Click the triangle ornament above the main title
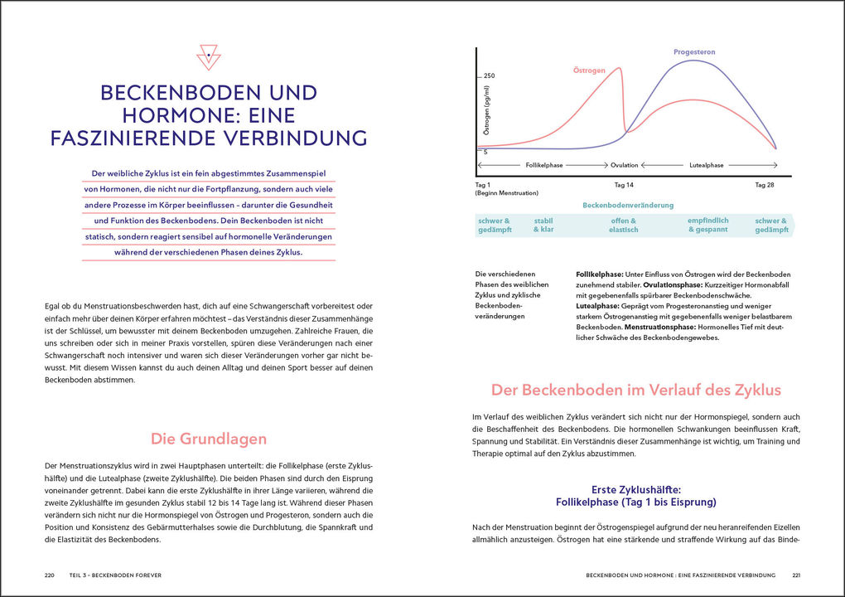[x=209, y=56]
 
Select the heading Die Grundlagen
[x=208, y=439]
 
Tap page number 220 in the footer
[x=51, y=574]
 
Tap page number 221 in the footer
[x=796, y=574]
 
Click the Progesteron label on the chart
[x=694, y=52]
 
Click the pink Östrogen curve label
[x=590, y=71]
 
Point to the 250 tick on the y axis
[x=489, y=76]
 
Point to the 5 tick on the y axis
[x=485, y=152]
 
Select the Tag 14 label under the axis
[x=624, y=184]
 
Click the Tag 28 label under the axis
[x=764, y=184]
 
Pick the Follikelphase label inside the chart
[x=544, y=165]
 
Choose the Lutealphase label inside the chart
[x=706, y=165]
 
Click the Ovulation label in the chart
[x=624, y=165]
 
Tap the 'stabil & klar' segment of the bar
[x=543, y=225]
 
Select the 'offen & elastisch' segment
[x=624, y=225]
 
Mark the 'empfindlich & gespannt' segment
[x=707, y=225]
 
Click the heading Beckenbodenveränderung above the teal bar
[x=628, y=205]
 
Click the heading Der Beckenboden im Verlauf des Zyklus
[x=635, y=390]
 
